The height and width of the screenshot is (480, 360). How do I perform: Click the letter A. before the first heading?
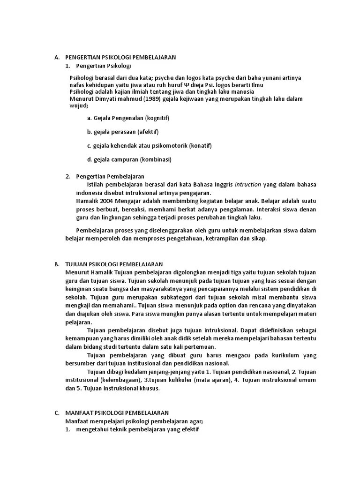[x=56, y=57]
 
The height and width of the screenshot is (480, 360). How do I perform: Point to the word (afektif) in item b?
[x=148, y=132]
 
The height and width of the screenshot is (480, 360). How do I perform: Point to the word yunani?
[x=274, y=77]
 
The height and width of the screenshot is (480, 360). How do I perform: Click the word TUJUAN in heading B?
[x=76, y=264]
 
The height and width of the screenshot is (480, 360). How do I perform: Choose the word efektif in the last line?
[x=189, y=429]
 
